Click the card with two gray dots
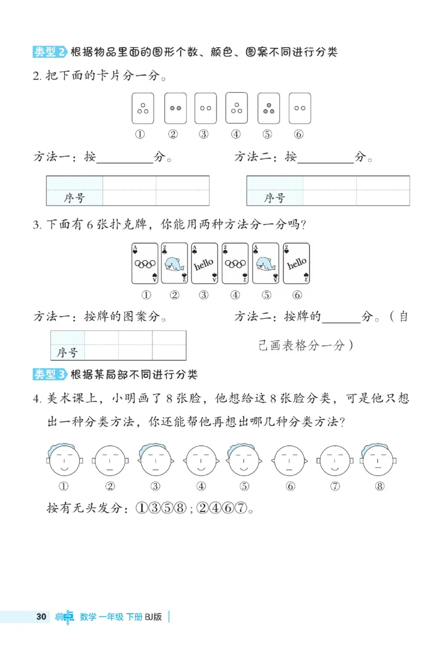[x=176, y=108]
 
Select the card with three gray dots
[x=269, y=108]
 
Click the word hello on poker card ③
[x=204, y=264]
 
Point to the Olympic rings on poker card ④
[x=235, y=264]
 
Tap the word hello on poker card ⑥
[x=296, y=263]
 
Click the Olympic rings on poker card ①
[x=145, y=264]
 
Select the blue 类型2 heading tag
[x=50, y=52]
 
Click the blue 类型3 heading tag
[x=50, y=375]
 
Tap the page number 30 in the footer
[x=40, y=617]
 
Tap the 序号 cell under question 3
[x=67, y=353]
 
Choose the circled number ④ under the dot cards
[x=236, y=134]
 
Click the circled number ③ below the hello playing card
[x=204, y=295]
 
